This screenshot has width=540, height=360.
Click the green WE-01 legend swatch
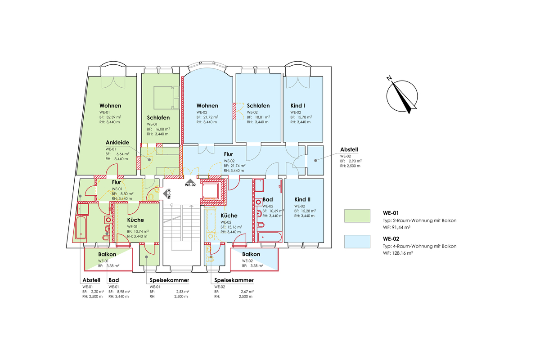point(357,216)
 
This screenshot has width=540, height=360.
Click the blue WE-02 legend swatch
point(357,242)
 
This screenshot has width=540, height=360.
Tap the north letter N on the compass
point(389,78)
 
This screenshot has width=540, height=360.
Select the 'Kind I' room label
point(297,106)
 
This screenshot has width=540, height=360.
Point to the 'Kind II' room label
point(302,199)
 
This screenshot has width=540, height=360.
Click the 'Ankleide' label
point(117,143)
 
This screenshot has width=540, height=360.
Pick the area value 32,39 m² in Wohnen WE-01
point(114,117)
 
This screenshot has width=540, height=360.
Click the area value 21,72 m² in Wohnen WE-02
point(211,117)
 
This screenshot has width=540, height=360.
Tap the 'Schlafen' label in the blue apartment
point(258,106)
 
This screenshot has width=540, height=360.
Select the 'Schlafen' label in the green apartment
point(158,117)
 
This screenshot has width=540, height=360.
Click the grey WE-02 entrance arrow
point(190,181)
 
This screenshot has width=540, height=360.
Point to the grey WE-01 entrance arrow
point(165,193)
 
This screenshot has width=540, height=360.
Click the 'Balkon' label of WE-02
point(251,254)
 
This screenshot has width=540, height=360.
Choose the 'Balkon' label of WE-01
point(107,254)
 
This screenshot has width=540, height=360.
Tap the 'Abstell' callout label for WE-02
point(349,149)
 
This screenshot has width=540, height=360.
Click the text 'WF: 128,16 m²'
point(398,253)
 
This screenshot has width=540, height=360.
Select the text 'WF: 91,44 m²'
point(396,227)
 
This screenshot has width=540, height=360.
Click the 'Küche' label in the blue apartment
point(229,216)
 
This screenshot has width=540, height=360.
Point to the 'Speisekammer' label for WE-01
point(169,280)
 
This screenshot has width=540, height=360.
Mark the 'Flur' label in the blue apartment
point(228,154)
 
